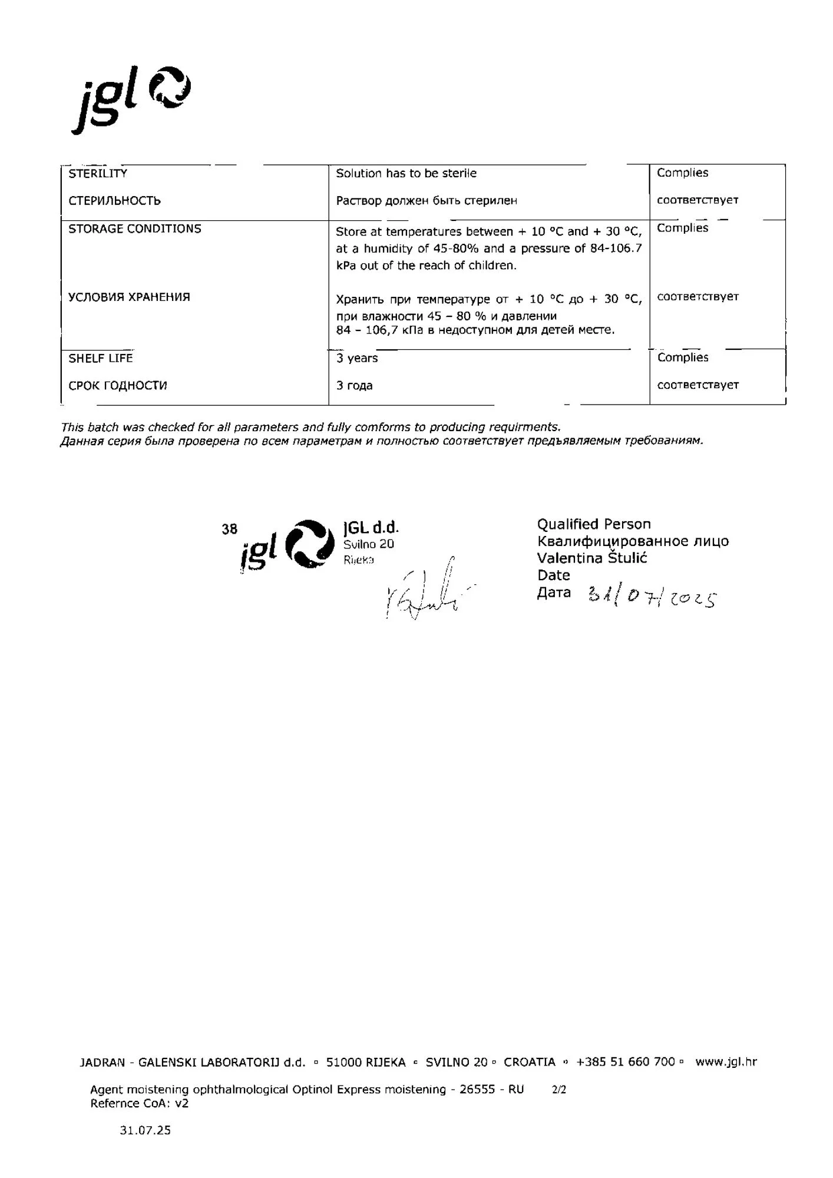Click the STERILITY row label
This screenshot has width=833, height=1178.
[x=98, y=173]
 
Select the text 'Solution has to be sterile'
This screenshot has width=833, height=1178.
[x=406, y=173]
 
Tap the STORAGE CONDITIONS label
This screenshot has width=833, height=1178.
[x=135, y=229]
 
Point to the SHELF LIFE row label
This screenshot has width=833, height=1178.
[x=101, y=358]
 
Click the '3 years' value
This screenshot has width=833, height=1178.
[x=357, y=358]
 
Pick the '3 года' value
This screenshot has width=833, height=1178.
[x=354, y=386]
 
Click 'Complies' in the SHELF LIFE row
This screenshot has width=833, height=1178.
[x=683, y=358]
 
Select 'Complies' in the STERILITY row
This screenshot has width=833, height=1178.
[x=682, y=173]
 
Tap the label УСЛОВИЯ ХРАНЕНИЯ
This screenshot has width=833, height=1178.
[x=129, y=297]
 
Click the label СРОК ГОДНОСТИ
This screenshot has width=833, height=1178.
[x=118, y=386]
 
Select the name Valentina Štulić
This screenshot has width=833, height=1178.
[x=592, y=558]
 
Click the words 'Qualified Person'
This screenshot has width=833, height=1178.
[x=594, y=524]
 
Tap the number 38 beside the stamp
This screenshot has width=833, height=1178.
[x=230, y=529]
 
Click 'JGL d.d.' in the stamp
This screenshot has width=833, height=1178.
[x=371, y=527]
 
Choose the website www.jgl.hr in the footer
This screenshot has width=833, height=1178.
[x=726, y=1062]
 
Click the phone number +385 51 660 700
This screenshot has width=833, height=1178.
[x=626, y=1062]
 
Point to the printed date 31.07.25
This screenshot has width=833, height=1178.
[x=145, y=1130]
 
